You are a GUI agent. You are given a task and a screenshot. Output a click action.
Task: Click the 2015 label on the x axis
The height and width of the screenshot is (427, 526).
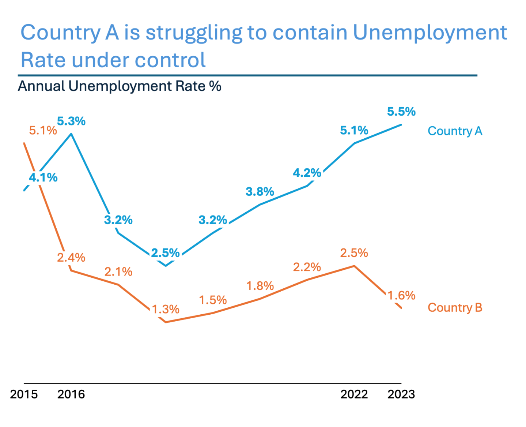[24, 394]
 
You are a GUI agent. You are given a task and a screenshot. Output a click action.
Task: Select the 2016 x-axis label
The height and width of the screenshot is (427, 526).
[71, 394]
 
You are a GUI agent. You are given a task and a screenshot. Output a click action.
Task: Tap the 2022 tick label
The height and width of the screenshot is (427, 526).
[354, 394]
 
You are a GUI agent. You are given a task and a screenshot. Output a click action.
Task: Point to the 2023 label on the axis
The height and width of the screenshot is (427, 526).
[401, 394]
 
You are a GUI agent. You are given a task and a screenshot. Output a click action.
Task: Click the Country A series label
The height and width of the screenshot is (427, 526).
[455, 131]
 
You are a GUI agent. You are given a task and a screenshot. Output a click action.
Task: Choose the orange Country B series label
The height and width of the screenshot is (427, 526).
[455, 307]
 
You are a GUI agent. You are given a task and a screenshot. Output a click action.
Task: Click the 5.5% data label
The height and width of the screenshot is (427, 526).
[401, 112]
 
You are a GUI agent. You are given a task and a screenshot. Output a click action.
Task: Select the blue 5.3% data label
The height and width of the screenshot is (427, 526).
[71, 121]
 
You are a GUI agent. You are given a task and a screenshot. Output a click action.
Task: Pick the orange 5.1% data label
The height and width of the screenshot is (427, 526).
[43, 131]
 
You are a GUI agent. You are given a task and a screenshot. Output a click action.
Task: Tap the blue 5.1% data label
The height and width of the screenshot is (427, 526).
[354, 131]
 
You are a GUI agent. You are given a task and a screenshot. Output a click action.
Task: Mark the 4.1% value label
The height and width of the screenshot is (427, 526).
[43, 178]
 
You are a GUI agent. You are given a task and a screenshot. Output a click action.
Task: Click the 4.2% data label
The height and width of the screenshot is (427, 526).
[307, 173]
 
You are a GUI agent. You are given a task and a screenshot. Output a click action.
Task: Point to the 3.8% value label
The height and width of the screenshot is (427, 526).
[260, 192]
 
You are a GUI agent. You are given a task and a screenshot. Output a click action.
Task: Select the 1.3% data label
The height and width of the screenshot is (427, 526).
[166, 310]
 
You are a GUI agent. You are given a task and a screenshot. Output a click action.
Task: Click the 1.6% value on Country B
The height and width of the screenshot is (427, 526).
[401, 296]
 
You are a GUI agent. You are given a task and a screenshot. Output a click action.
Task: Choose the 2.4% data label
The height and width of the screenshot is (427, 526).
[71, 258]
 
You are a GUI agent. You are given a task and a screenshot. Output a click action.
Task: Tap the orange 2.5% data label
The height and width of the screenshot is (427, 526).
[354, 253]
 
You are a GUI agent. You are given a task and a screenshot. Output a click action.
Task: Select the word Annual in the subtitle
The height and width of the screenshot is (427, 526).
[41, 86]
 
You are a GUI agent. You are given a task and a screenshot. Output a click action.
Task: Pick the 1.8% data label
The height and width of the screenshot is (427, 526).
[260, 286]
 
